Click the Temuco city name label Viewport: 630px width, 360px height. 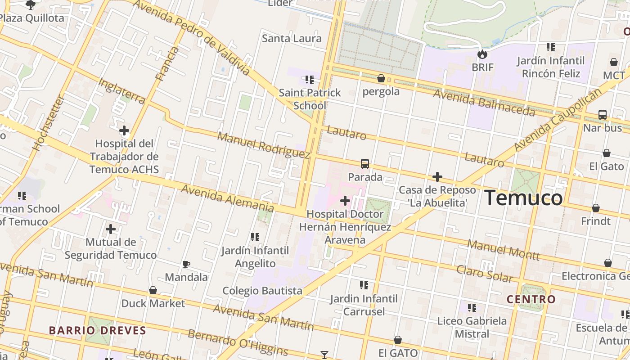523,198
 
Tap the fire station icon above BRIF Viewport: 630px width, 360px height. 482,54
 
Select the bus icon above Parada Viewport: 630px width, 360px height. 365,164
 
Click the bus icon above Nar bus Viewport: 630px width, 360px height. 603,115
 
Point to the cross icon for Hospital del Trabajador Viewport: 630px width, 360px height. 124,131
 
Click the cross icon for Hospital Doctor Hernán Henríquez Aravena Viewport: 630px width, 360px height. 345,201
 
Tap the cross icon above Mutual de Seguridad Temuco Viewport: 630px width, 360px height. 111,229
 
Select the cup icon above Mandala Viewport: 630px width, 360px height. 186,264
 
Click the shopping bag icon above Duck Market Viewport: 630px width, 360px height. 153,290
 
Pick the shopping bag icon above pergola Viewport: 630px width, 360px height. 381,79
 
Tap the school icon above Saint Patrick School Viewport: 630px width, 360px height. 310,80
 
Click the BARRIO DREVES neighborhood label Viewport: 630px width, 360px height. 98,330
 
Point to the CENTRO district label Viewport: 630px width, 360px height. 531,299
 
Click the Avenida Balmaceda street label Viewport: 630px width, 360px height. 484,103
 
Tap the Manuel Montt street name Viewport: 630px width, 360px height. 503,250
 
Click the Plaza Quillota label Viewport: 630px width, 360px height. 31,18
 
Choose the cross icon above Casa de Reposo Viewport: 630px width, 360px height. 437,177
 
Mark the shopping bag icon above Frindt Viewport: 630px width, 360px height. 596,208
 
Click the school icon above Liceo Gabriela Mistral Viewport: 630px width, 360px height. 472,308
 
